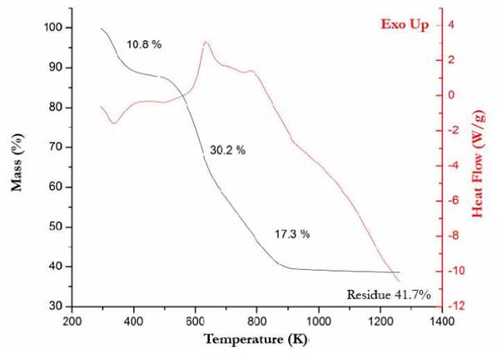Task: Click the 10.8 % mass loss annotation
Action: tap(143, 43)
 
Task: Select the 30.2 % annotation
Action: tap(227, 151)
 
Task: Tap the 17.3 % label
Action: tap(292, 234)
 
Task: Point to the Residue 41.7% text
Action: tap(388, 295)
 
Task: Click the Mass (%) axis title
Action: tap(17, 167)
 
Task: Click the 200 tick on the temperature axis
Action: tap(72, 320)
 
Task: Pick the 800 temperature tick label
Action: tap(256, 320)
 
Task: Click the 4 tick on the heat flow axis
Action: tap(455, 25)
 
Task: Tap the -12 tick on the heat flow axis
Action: tap(457, 307)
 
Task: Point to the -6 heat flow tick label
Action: tap(456, 201)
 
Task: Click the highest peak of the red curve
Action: tap(206, 42)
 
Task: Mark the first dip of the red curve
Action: tap(114, 122)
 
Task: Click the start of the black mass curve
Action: tap(101, 29)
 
